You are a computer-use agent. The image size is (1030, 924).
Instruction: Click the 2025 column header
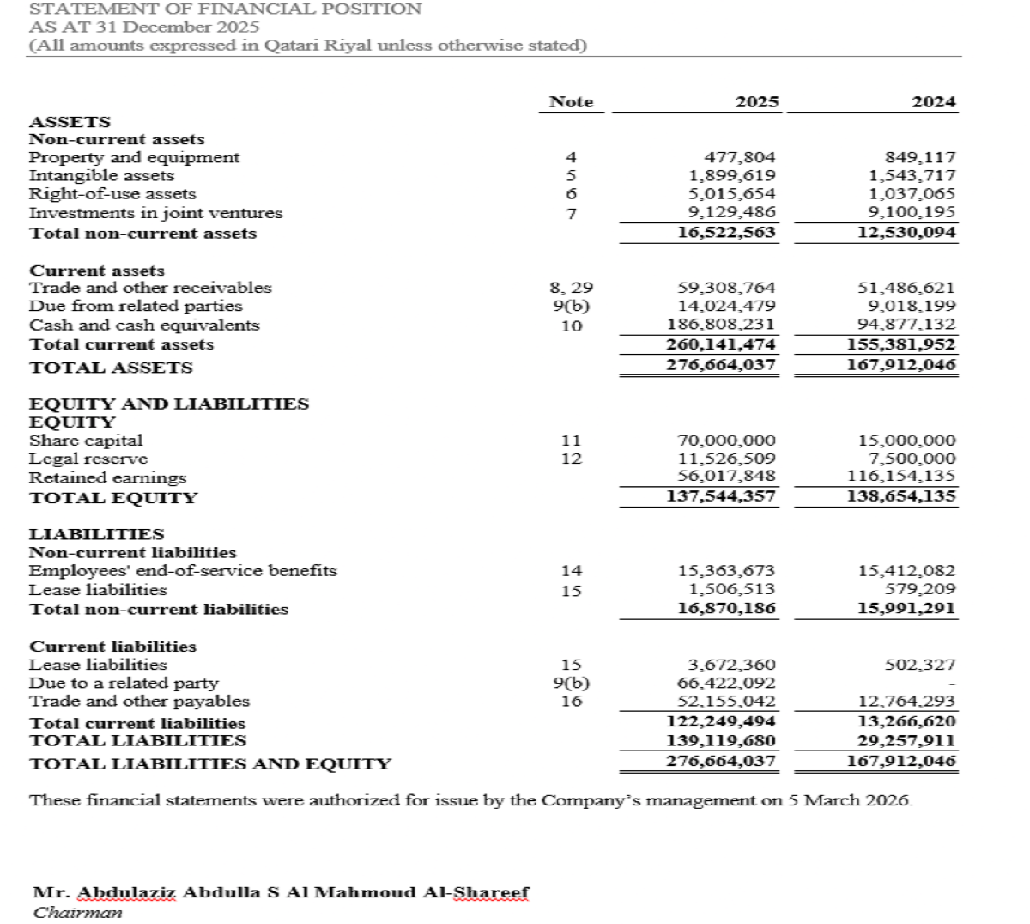click(x=757, y=102)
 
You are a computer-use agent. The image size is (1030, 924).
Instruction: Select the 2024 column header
click(x=934, y=102)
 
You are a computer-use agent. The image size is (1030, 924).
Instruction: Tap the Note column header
click(x=571, y=102)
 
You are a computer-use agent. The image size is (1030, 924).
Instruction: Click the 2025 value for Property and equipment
click(x=739, y=157)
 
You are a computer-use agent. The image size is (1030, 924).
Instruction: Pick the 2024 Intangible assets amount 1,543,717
click(x=912, y=176)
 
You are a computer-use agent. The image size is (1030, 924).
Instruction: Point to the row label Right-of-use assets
click(x=112, y=194)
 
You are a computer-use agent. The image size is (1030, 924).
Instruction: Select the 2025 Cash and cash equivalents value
click(x=721, y=325)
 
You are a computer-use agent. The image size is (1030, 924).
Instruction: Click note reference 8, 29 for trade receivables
click(x=571, y=288)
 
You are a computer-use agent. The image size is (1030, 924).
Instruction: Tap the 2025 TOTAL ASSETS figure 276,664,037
click(x=721, y=365)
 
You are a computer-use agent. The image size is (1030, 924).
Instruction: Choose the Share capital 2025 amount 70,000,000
click(x=726, y=441)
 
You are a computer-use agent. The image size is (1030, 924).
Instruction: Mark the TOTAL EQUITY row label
click(x=113, y=498)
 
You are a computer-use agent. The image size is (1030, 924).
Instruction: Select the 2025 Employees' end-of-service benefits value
click(x=726, y=571)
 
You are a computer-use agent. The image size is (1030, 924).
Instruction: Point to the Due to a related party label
click(x=124, y=684)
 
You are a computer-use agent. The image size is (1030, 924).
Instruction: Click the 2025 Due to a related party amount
click(x=726, y=684)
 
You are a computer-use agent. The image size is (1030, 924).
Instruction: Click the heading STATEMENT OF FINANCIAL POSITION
click(x=226, y=9)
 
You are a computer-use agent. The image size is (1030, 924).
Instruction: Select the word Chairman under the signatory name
click(x=77, y=912)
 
